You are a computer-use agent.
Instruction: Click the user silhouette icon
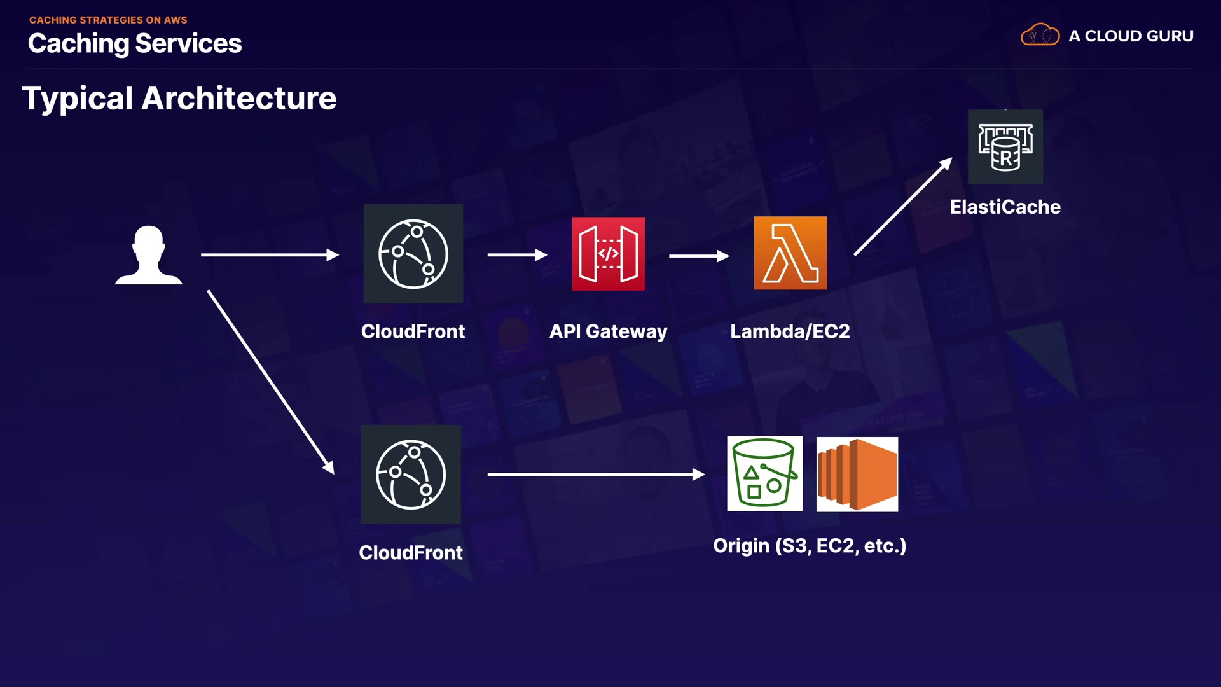click(x=149, y=255)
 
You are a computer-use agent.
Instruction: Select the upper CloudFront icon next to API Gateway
click(x=413, y=254)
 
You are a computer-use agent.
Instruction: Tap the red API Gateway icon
click(x=608, y=254)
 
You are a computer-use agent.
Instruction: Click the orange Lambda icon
click(x=790, y=253)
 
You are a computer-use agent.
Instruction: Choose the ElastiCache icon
click(x=1005, y=147)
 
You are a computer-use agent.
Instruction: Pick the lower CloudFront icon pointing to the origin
click(x=411, y=475)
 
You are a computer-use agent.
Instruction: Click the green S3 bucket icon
click(x=764, y=473)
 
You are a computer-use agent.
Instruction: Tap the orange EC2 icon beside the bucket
click(x=857, y=474)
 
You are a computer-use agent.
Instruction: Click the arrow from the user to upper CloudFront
click(x=270, y=255)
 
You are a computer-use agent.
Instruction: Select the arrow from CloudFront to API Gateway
click(x=517, y=255)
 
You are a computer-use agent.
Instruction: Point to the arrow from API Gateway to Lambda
click(x=699, y=256)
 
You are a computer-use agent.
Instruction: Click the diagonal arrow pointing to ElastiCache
click(x=903, y=207)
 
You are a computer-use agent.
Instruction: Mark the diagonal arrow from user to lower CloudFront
click(x=270, y=382)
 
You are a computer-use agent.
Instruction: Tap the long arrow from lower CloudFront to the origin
click(x=596, y=474)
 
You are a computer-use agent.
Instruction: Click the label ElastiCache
click(x=1005, y=207)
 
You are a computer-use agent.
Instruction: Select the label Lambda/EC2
click(x=790, y=331)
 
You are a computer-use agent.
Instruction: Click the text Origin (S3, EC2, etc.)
click(x=809, y=546)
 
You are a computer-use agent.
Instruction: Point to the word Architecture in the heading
click(x=239, y=99)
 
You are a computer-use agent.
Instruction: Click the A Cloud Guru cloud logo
click(x=1040, y=35)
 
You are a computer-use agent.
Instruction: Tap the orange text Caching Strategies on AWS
click(x=108, y=20)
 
